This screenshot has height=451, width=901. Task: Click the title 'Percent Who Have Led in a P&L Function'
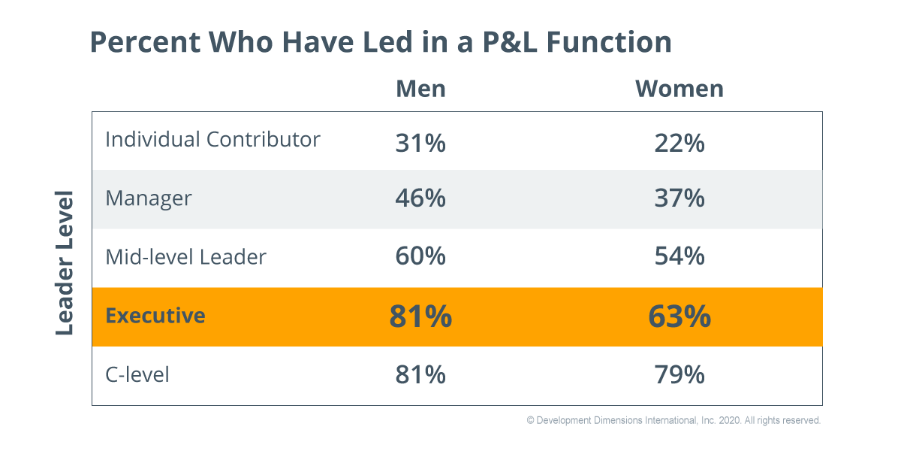[x=380, y=42]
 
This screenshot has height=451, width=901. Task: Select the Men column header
[x=420, y=89]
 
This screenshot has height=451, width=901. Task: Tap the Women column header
[x=679, y=89]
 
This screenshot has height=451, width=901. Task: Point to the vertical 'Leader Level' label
[x=65, y=263]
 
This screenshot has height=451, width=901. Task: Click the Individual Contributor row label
[x=212, y=140]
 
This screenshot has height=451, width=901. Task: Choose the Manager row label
[x=149, y=198]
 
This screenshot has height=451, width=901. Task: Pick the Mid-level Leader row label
[x=185, y=257]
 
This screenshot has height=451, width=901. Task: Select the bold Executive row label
[x=155, y=316]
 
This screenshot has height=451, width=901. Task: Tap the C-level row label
[x=137, y=374]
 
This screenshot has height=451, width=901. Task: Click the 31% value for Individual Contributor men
[x=420, y=142]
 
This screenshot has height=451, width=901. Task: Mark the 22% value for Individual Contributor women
[x=679, y=142]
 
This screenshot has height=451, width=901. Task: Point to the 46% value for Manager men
[x=420, y=199]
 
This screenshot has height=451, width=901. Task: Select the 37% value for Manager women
[x=679, y=199]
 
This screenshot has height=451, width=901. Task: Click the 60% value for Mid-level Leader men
[x=420, y=257]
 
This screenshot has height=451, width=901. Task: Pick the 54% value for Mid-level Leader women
[x=679, y=257]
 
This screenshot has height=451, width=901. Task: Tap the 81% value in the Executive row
[x=420, y=316]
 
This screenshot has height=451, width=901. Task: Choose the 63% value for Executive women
[x=679, y=316]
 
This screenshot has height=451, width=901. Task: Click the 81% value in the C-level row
[x=420, y=374]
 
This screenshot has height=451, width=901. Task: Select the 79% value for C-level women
[x=679, y=374]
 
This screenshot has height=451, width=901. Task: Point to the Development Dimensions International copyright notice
[x=673, y=421]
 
